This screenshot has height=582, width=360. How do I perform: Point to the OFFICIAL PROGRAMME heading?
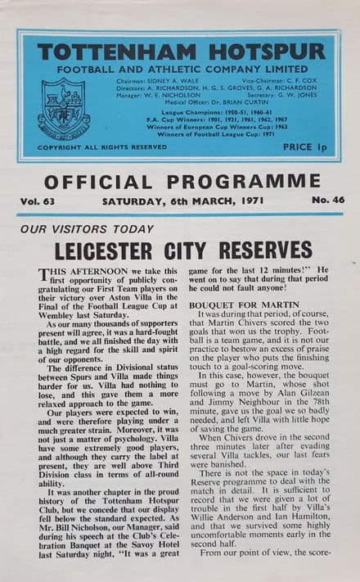182,181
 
